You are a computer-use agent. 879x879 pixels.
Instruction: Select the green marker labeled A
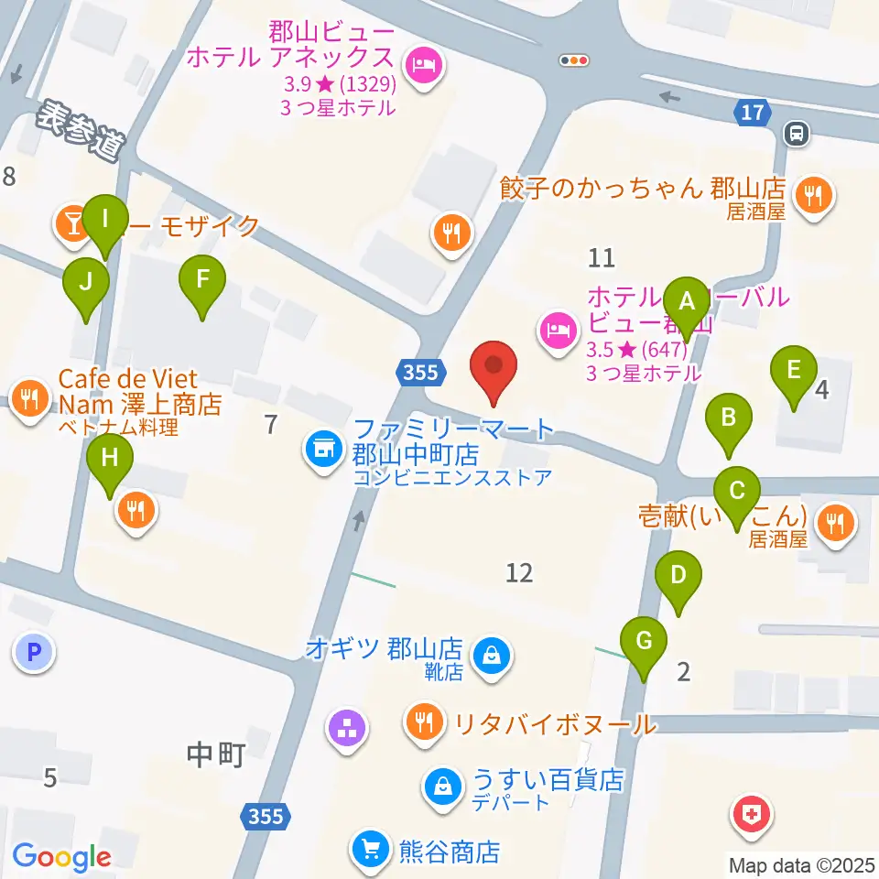click(686, 300)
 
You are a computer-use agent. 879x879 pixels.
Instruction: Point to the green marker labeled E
click(794, 372)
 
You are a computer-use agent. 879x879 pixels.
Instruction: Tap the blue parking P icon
click(34, 653)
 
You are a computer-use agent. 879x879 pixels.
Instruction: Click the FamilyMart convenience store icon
click(321, 449)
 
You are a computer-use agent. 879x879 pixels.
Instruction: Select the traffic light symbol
click(574, 60)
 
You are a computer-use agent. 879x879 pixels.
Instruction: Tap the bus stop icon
click(797, 135)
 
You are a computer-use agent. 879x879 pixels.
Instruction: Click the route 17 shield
click(752, 113)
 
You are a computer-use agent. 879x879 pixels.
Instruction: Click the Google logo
click(61, 857)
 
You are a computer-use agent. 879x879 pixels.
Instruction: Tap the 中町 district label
click(215, 755)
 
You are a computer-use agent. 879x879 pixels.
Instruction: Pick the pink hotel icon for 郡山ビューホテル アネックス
click(423, 66)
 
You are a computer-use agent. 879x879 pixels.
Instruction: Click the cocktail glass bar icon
click(70, 222)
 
